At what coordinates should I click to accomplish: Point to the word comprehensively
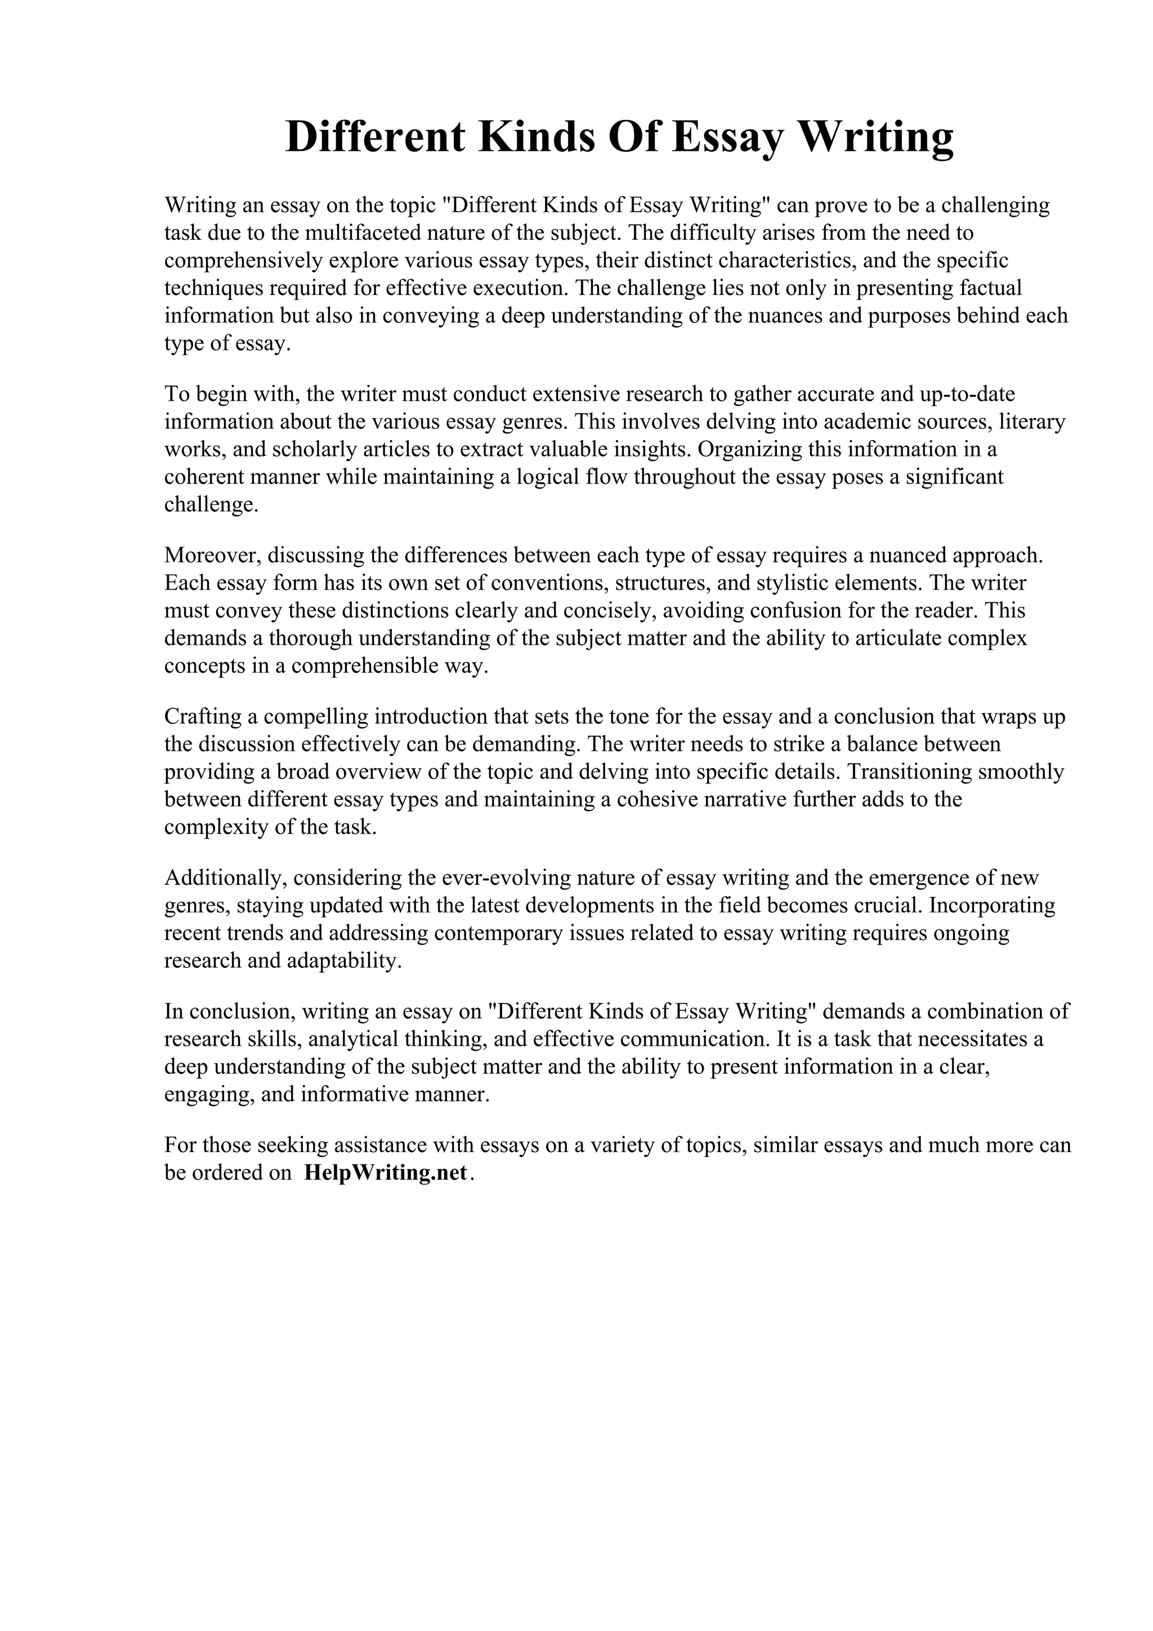(244, 261)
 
